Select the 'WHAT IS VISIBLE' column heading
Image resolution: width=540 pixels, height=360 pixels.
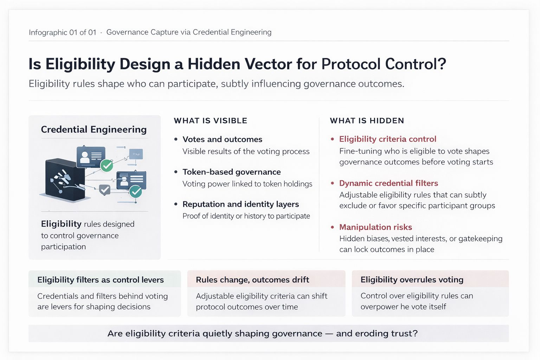pyautogui.click(x=211, y=121)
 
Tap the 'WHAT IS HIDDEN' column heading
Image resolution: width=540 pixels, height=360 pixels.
pyautogui.click(x=367, y=121)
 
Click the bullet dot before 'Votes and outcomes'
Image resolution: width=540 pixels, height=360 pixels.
pyautogui.click(x=176, y=140)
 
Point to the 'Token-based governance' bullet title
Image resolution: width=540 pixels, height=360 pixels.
pyautogui.click(x=231, y=172)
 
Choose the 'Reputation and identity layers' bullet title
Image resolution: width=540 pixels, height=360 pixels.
pyautogui.click(x=240, y=204)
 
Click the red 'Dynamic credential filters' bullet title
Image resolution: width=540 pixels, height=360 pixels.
pyautogui.click(x=388, y=183)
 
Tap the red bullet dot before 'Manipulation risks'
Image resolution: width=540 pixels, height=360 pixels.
pyautogui.click(x=332, y=227)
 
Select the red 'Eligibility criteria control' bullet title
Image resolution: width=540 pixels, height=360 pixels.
pyautogui.click(x=387, y=139)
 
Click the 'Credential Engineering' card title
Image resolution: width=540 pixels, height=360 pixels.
pyautogui.click(x=94, y=129)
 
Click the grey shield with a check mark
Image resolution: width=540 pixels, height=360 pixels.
pyautogui.click(x=105, y=189)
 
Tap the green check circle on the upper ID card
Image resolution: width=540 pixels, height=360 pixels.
pyautogui.click(x=107, y=165)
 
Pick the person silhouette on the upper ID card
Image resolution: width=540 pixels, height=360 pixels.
pyautogui.click(x=85, y=157)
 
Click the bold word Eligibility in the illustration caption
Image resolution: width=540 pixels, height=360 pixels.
pyautogui.click(x=61, y=224)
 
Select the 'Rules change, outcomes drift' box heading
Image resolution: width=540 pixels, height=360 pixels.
pyautogui.click(x=252, y=280)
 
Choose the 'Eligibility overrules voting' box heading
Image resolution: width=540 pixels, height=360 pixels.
pyautogui.click(x=412, y=280)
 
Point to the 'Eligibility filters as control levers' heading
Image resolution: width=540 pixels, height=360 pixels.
pyautogui.click(x=101, y=280)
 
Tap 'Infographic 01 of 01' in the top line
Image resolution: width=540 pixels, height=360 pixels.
pyautogui.click(x=63, y=32)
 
